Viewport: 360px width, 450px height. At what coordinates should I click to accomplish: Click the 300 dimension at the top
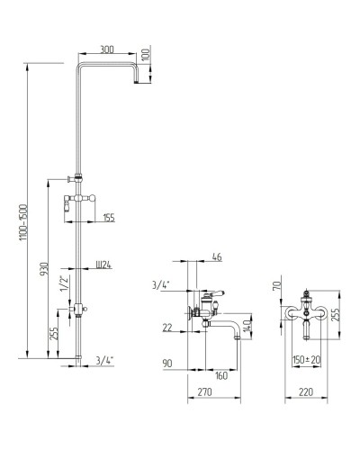(x=107, y=49)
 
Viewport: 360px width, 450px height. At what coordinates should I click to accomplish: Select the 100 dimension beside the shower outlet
(x=146, y=55)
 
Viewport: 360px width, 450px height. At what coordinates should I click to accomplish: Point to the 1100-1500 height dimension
(x=24, y=222)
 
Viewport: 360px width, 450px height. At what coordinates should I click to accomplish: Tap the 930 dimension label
(x=44, y=269)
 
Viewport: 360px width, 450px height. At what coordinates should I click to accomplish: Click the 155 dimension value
(x=109, y=218)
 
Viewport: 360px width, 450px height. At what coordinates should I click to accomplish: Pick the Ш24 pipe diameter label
(x=103, y=265)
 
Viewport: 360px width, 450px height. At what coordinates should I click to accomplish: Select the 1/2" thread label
(x=65, y=283)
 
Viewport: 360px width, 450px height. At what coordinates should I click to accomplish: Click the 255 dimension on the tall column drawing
(x=54, y=333)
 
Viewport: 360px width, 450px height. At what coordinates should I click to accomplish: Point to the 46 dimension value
(x=217, y=257)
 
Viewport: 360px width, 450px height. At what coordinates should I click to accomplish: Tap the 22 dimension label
(x=167, y=328)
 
